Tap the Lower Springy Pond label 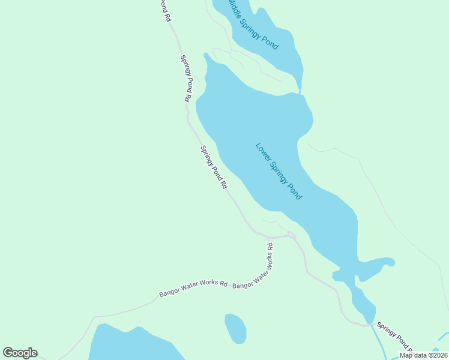point(279,171)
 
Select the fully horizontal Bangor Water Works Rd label point(193,289)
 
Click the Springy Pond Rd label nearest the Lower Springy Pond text point(214,167)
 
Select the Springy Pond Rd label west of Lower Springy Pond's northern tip point(185,78)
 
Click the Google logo point(20,353)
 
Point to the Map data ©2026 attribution point(423,355)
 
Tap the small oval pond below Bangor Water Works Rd point(236,328)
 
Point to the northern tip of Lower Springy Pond point(206,55)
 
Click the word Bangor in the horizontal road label point(170,293)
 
